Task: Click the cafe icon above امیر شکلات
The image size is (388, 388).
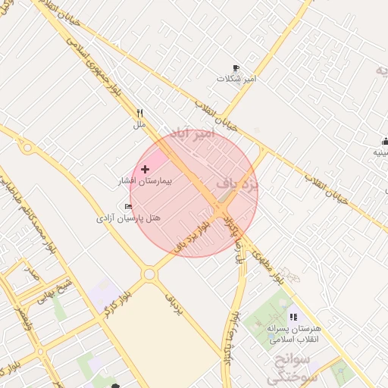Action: click(x=236, y=68)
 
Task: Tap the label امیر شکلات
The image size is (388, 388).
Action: click(x=237, y=79)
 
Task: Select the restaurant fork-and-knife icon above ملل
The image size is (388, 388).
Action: click(x=139, y=113)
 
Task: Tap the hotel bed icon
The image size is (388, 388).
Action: click(x=128, y=206)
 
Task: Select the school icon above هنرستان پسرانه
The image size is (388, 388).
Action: click(x=293, y=317)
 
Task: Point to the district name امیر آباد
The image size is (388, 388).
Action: click(x=194, y=134)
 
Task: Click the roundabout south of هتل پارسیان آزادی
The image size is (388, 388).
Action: click(x=149, y=274)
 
